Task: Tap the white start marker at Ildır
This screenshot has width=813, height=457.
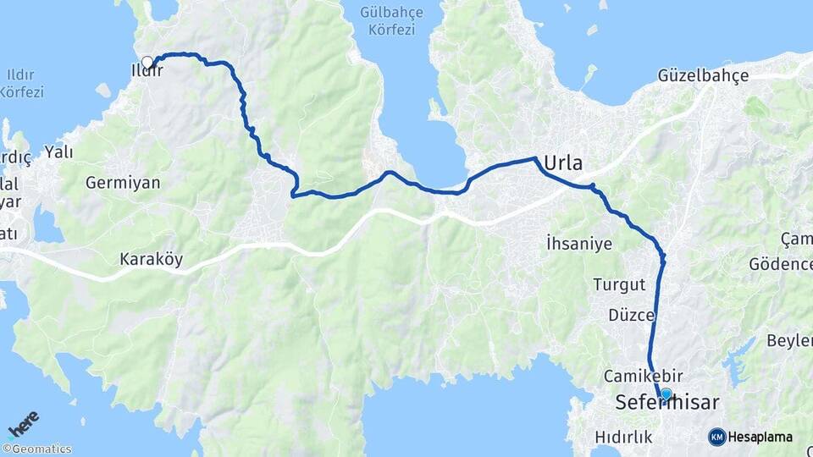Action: coord(147,62)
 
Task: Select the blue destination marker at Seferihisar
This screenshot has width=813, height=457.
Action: coord(666,394)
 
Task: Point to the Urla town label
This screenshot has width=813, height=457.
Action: coord(564,162)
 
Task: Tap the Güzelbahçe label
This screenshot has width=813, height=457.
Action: coord(703,75)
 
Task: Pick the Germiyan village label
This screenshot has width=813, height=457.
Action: coord(123,183)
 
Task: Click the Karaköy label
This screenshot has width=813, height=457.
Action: coord(151,259)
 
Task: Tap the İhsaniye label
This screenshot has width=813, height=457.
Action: coord(579,244)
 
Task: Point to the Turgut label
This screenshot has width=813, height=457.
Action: coord(619,284)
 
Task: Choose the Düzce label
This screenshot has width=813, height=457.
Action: coord(631,315)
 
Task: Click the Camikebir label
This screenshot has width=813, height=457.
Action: coord(643,375)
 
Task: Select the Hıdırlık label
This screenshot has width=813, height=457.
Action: coord(623,437)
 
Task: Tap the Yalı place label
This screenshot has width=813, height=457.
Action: coord(58,152)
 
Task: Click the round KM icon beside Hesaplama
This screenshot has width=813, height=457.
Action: coord(716,437)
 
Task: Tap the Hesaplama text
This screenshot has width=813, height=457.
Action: coord(760,437)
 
